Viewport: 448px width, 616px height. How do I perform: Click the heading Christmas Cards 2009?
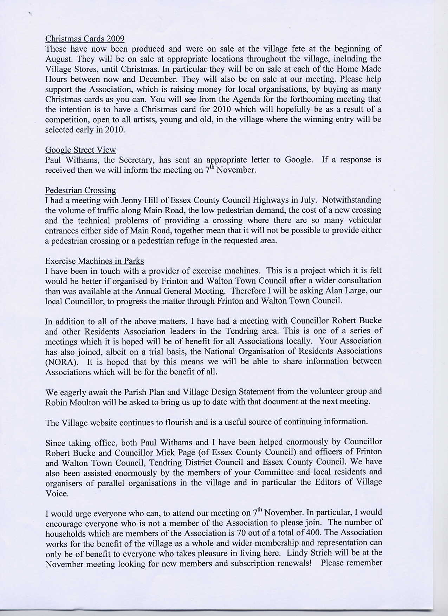tap(85, 39)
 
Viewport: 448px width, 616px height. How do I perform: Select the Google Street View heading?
tap(80, 150)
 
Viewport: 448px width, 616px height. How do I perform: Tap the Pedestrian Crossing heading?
tap(80, 190)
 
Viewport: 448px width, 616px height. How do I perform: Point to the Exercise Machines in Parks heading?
tap(94, 261)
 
